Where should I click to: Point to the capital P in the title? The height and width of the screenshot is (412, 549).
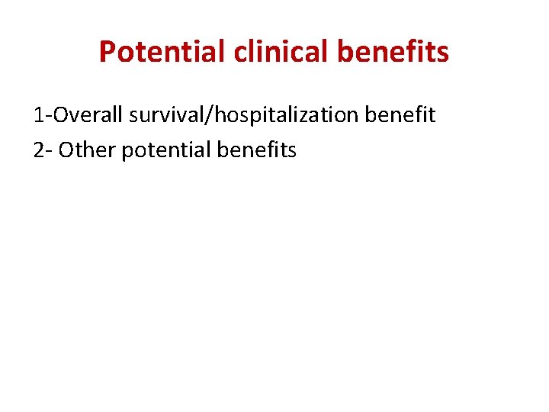coord(108,52)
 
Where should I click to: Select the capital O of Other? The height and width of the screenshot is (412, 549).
coord(66,150)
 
